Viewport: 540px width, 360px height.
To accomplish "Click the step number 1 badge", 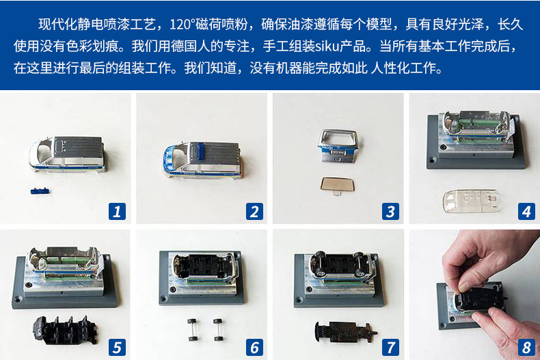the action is coord(117,211).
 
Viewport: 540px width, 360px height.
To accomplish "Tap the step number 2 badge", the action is coord(254,211).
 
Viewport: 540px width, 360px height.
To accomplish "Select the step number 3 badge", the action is coord(390,211).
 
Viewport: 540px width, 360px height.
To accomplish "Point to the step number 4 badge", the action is coord(526,211).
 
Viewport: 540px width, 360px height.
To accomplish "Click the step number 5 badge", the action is coord(117,347).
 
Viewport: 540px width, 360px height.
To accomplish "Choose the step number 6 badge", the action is coord(254,347).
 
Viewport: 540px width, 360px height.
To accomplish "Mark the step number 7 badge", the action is coord(390,347).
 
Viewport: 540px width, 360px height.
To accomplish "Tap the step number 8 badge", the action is coord(526,347).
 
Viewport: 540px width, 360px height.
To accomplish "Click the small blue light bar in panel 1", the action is coord(40,191).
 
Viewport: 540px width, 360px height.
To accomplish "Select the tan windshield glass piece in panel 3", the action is coord(337,185).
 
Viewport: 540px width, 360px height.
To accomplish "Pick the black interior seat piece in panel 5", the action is coord(65,330).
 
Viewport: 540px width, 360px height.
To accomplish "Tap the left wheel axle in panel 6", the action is coord(192,330).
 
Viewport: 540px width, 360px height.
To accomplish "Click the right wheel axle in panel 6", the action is coord(218,330).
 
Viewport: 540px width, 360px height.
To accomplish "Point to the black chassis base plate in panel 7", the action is coord(345,332).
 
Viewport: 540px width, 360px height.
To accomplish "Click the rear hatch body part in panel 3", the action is coord(338,146).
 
